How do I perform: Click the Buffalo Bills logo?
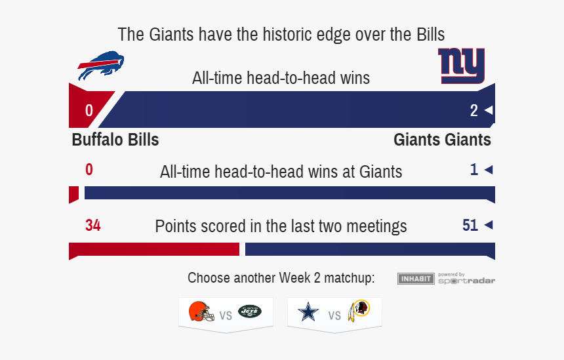[101, 66]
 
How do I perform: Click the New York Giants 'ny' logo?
[462, 66]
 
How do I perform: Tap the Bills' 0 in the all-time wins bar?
[89, 110]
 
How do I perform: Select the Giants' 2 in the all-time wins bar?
[474, 110]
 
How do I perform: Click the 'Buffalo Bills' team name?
[115, 140]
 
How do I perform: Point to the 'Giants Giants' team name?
[442, 140]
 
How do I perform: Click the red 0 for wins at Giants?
[89, 169]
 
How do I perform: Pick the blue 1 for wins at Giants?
[474, 169]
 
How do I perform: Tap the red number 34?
[93, 225]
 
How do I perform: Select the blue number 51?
[470, 225]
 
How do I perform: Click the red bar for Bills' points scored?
[154, 250]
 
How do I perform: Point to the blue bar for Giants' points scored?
[370, 250]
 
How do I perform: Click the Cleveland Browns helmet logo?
[201, 311]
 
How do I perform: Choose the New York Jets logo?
[250, 311]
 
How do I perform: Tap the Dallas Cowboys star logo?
[308, 312]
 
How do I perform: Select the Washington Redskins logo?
[359, 311]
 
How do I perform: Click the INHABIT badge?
[416, 279]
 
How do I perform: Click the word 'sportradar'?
[466, 281]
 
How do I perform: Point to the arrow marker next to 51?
[489, 225]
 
